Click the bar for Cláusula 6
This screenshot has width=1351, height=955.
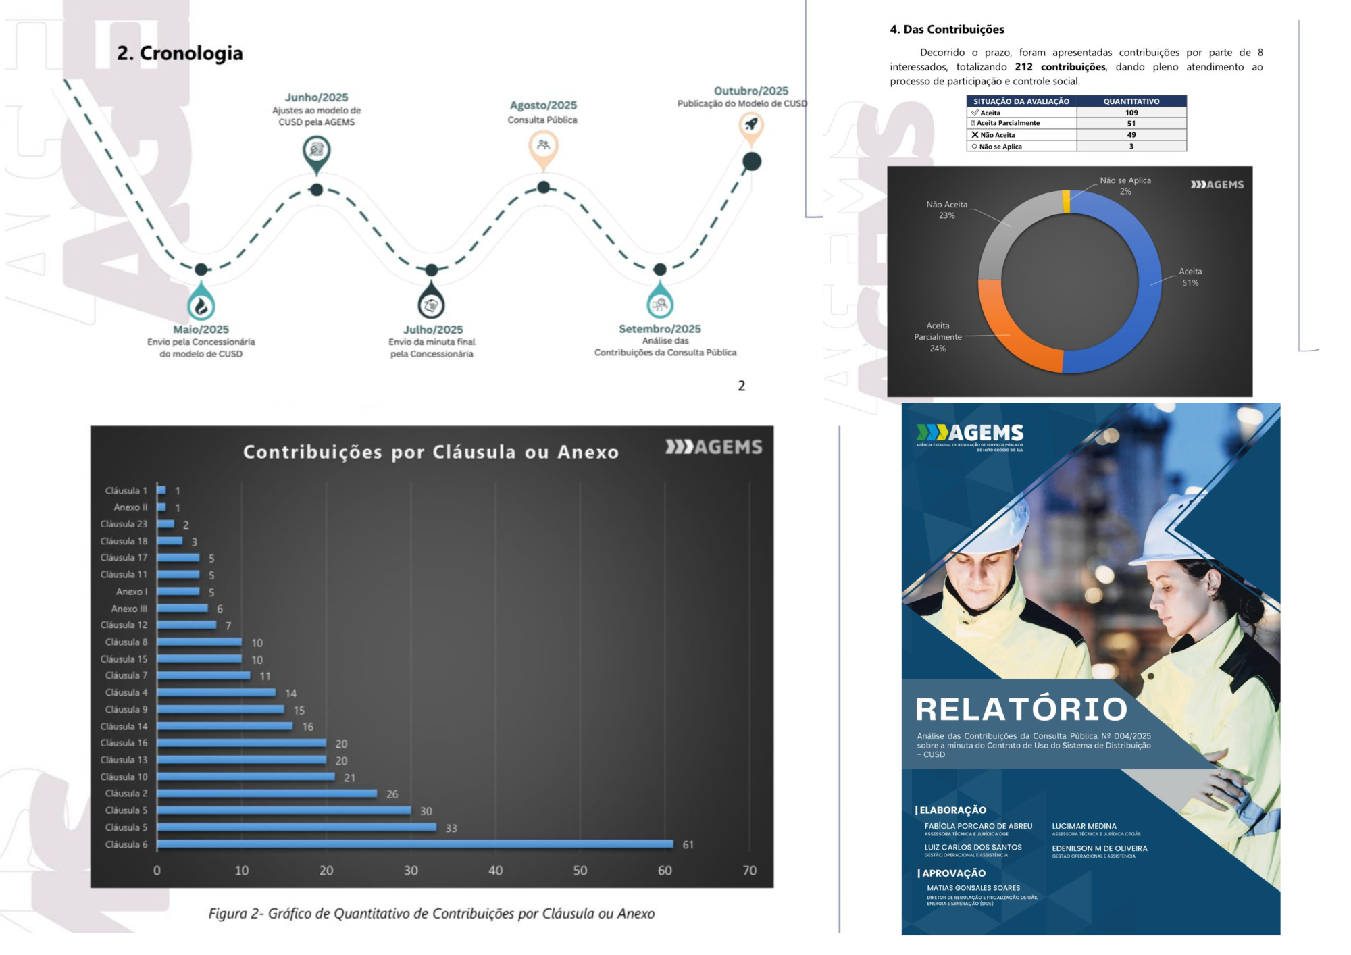pos(415,844)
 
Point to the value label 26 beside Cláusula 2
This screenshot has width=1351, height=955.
pos(392,794)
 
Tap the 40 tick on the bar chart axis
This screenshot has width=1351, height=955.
pos(495,871)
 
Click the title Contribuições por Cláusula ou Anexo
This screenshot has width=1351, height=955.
pos(431,452)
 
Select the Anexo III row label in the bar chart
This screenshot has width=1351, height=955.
pos(129,609)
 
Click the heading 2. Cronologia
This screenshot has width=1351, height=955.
pos(180,53)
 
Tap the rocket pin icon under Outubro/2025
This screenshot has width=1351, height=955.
pos(750,124)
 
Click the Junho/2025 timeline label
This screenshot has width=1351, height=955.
pos(316,97)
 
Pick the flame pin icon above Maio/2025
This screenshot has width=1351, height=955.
pos(201,305)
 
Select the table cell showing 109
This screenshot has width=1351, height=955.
pos(1131,113)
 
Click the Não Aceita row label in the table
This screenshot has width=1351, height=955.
pos(997,135)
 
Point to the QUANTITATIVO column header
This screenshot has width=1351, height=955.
pos(1131,101)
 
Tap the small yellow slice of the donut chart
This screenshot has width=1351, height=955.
pos(1066,202)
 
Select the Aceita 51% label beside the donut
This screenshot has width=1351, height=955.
pos(1190,277)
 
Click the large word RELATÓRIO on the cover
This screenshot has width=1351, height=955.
pos(1021,709)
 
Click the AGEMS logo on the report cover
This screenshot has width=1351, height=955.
pos(970,436)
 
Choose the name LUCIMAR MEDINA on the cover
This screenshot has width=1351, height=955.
pos(1084,826)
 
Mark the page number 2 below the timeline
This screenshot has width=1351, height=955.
pos(741,386)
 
